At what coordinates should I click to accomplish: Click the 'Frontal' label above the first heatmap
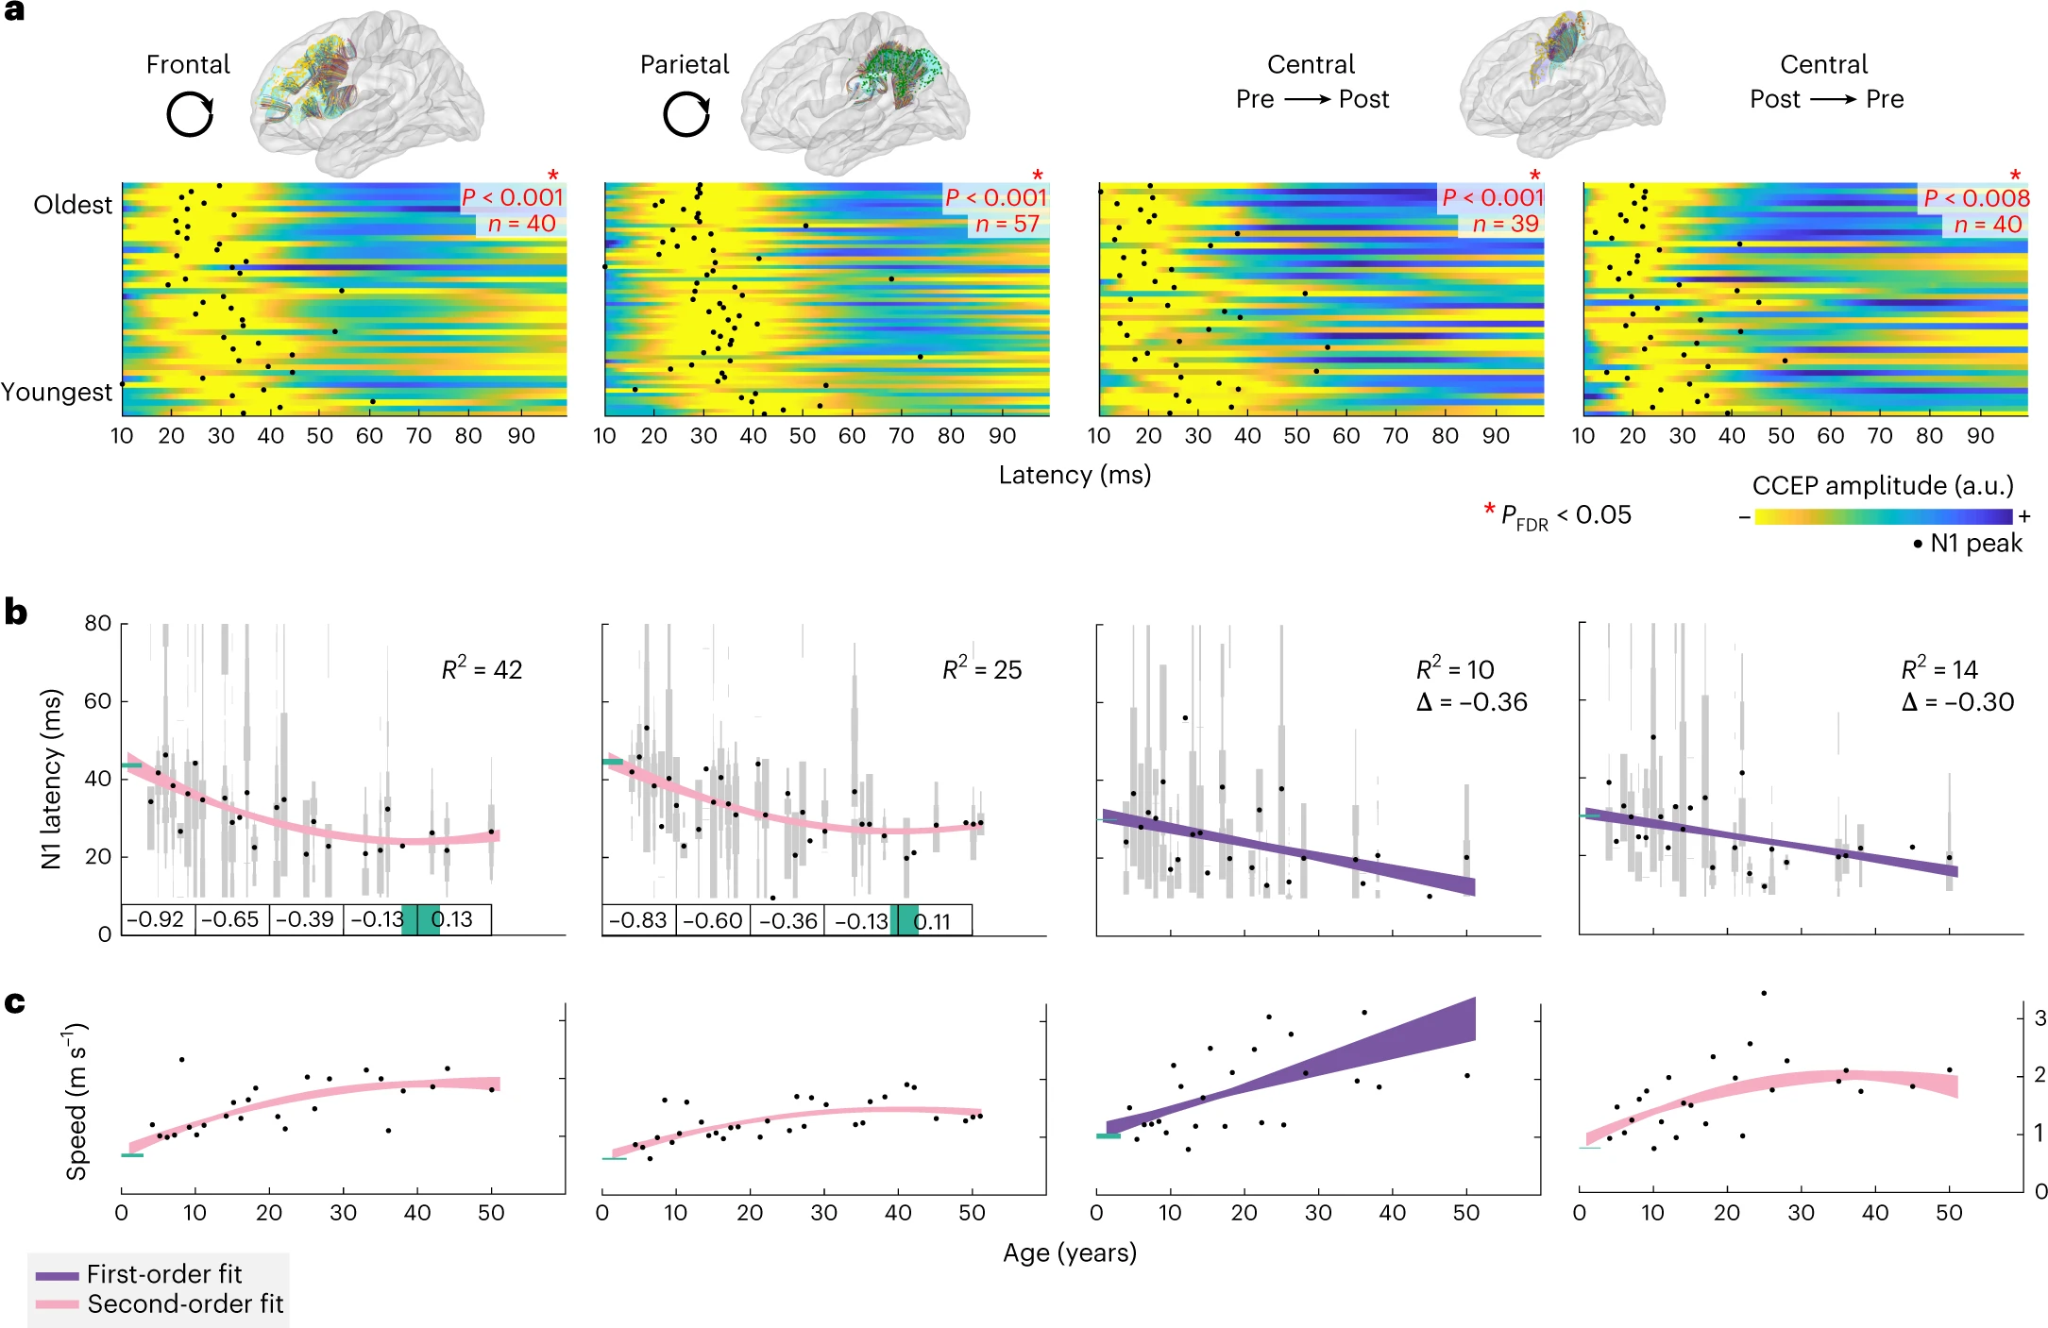tap(188, 64)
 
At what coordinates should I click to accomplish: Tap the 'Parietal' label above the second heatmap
tap(685, 64)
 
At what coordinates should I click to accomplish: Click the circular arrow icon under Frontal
tap(190, 115)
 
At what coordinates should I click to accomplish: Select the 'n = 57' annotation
tap(1007, 224)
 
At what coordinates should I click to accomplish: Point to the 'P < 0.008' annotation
tap(1976, 198)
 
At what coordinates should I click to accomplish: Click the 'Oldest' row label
tap(73, 205)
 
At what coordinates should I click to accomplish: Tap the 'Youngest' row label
tap(57, 392)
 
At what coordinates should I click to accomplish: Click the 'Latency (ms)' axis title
tap(1075, 475)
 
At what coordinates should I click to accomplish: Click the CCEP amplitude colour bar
tap(1883, 516)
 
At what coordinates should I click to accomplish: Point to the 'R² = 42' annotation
tap(482, 669)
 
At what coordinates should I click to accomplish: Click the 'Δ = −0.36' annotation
tap(1472, 702)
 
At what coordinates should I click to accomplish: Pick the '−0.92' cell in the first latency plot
tap(156, 919)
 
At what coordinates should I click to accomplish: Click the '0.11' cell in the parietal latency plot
tap(932, 921)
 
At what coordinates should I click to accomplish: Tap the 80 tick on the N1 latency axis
tap(97, 623)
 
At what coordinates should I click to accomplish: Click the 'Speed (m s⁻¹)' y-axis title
tap(76, 1101)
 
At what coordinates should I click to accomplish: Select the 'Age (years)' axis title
tap(1070, 1252)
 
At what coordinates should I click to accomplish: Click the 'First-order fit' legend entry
tap(163, 1274)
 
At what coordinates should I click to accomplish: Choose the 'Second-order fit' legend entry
tap(184, 1303)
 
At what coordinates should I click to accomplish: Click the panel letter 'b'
tap(16, 612)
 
